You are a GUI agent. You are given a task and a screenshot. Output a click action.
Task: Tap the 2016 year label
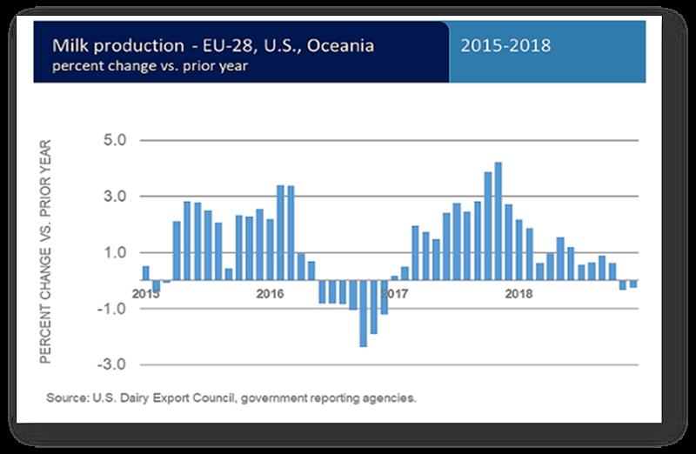[x=271, y=293]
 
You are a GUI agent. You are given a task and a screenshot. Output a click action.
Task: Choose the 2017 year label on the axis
[x=395, y=293]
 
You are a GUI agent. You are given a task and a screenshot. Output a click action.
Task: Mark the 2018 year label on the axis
[x=519, y=293]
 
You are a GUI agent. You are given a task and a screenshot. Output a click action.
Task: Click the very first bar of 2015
[x=146, y=273]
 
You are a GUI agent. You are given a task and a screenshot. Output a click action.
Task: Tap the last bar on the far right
[x=633, y=284]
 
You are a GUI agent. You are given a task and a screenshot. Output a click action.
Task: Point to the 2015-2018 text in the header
[x=506, y=45]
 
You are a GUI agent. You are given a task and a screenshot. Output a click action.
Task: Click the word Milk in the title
[x=68, y=45]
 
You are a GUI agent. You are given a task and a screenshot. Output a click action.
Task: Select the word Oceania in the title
[x=342, y=45]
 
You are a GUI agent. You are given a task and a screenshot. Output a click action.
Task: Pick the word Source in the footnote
[x=66, y=398]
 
